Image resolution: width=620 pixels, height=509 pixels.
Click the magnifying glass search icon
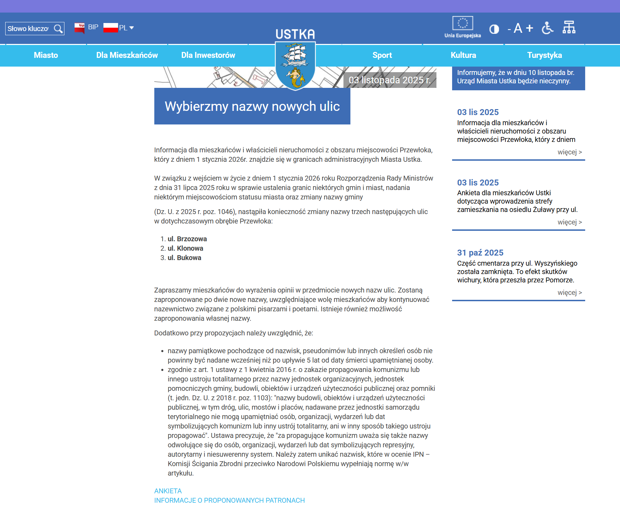(58, 29)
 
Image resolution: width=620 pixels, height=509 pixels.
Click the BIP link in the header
(93, 27)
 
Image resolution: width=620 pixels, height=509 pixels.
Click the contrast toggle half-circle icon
(494, 29)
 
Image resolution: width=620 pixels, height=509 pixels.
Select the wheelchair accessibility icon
(548, 28)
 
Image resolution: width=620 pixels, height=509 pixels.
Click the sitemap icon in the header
(569, 27)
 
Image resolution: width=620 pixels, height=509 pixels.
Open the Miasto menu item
(46, 55)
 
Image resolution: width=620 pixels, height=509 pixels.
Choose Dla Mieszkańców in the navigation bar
(127, 55)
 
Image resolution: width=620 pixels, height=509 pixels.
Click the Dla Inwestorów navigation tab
(208, 55)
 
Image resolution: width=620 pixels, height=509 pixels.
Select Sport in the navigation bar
(382, 55)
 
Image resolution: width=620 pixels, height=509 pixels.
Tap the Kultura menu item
(463, 55)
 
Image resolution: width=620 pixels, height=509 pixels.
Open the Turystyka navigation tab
(544, 55)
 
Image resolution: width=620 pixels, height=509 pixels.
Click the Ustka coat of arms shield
(295, 66)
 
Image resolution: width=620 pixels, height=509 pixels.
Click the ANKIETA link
(168, 491)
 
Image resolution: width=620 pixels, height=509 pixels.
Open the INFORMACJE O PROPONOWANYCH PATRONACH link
(229, 500)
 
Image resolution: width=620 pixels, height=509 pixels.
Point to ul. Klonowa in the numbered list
(185, 248)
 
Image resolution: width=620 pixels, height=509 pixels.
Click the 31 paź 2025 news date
(480, 253)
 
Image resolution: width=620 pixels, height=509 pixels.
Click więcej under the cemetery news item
(569, 293)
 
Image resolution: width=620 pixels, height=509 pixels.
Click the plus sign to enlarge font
(529, 28)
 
